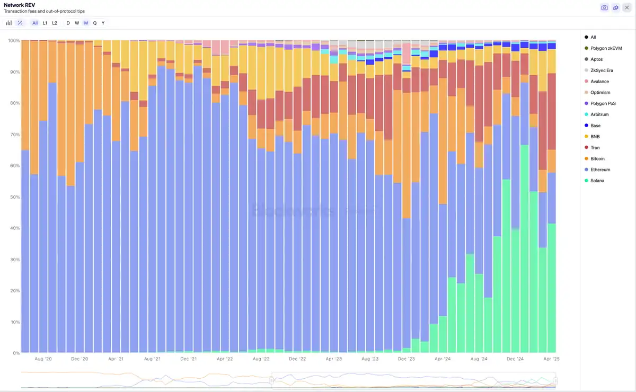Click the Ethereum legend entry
pos(601,170)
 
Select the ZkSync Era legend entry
pos(602,70)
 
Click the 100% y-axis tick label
pos(13,41)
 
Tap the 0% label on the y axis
pos(16,353)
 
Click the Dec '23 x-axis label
pos(406,359)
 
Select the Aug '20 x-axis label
pos(43,359)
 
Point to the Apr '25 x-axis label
pos(551,359)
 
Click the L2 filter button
pos(55,23)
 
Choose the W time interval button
pos(77,23)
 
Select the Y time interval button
pos(103,23)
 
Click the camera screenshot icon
pos(604,7)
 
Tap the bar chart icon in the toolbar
pos(9,23)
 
